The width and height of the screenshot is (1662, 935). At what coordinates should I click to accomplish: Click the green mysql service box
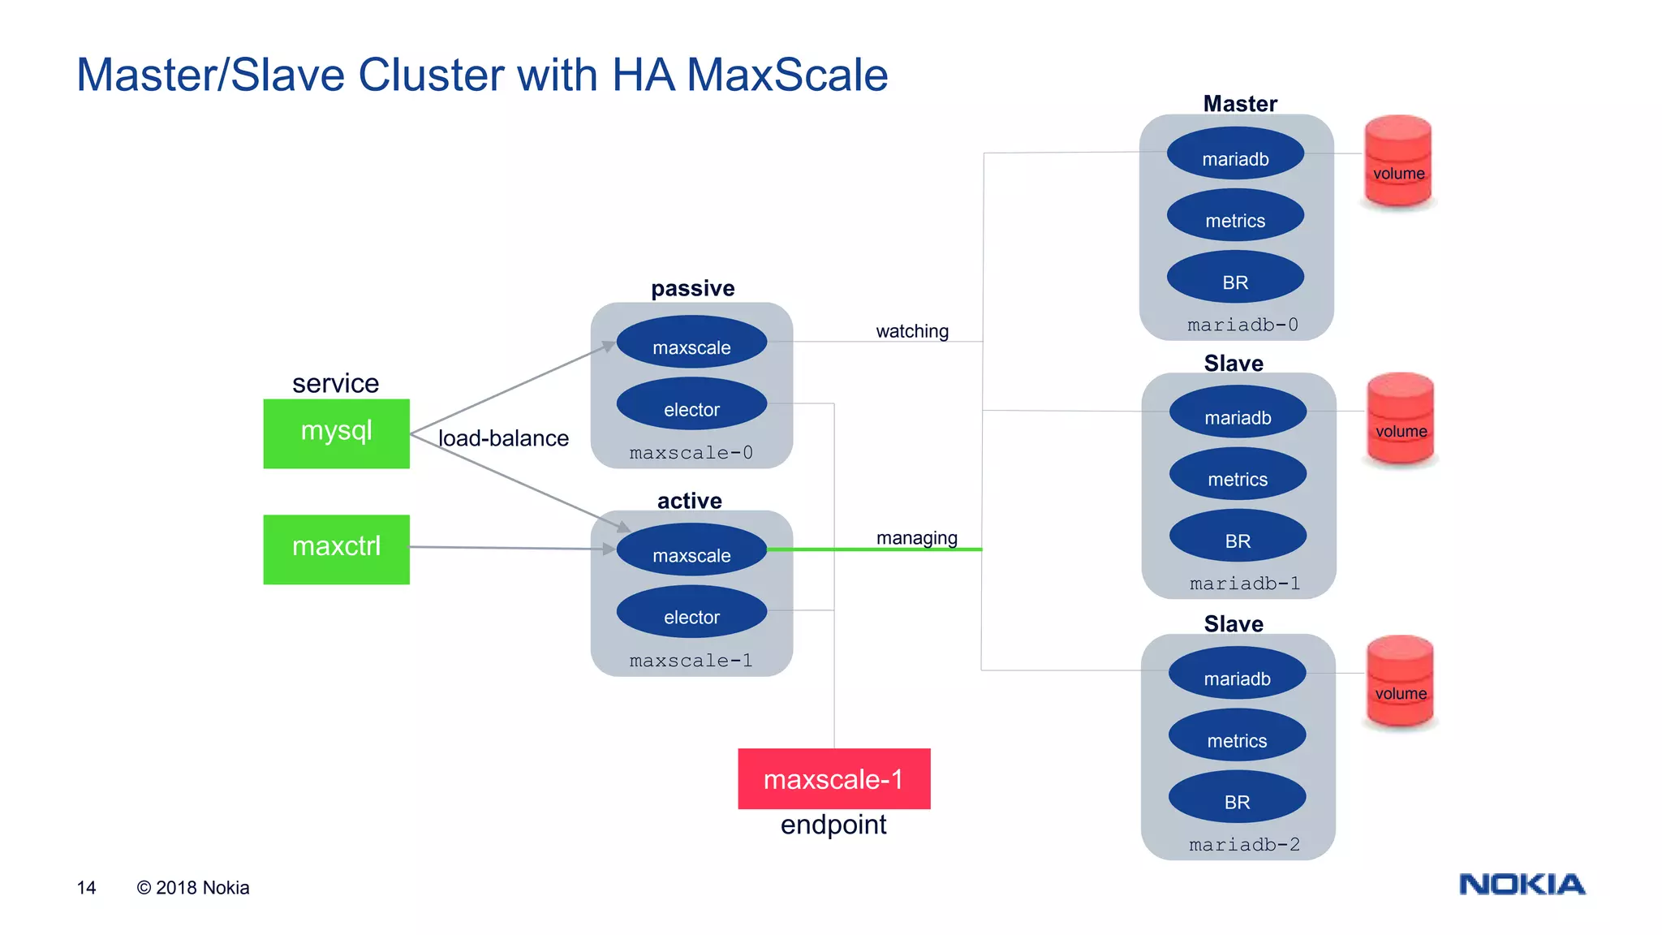336,433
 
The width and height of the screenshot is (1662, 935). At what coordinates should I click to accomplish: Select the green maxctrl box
336,549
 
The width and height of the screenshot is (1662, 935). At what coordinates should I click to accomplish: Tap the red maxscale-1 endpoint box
833,778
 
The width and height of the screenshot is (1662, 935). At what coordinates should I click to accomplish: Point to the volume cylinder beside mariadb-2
1400,682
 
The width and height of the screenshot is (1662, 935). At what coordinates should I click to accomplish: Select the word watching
912,331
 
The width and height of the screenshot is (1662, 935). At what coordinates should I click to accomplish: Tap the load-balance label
503,438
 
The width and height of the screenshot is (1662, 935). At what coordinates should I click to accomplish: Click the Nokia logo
1522,884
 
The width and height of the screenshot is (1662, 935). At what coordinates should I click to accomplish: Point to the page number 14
86,888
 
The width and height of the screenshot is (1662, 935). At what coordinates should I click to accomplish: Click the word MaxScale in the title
786,75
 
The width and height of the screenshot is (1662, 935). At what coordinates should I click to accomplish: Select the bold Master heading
1239,104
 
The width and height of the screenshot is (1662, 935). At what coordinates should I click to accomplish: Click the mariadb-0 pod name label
1242,325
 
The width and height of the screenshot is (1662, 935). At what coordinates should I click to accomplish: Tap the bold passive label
692,288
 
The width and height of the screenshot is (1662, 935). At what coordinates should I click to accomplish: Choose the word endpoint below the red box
833,825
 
